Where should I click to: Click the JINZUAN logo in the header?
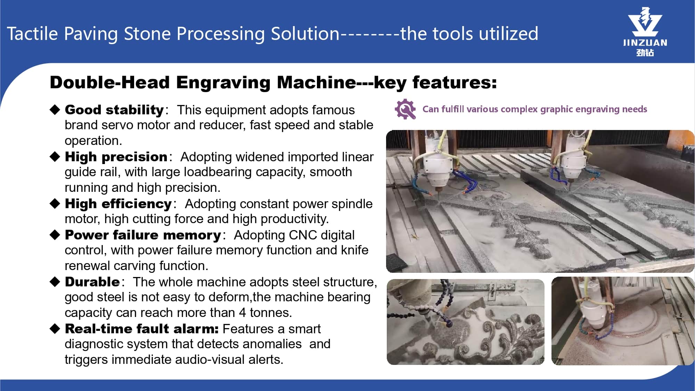645,32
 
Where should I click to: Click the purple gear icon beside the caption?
405,109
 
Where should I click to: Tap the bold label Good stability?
114,110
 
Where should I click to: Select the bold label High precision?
116,157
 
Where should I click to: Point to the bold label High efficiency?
118,204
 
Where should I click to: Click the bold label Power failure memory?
143,235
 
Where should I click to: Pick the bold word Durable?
92,282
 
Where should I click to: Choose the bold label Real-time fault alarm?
142,329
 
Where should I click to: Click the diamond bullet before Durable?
55,282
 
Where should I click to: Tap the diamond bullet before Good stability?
55,109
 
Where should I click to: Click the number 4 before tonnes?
242,313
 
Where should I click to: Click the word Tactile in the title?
32,34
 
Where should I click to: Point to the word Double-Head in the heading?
110,83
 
